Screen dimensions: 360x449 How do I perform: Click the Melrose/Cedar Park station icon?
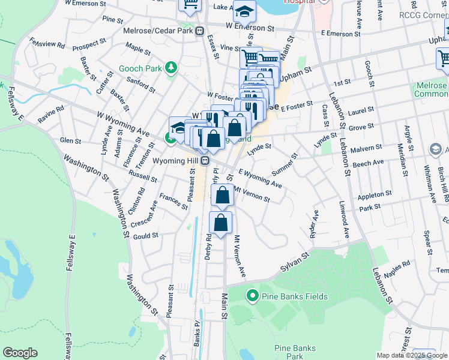click(199, 31)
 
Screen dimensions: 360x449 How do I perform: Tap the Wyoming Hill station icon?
click(205, 161)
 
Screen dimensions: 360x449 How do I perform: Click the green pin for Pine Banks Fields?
click(252, 295)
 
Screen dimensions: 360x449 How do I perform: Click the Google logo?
click(20, 353)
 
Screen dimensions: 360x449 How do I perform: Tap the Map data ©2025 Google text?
click(412, 355)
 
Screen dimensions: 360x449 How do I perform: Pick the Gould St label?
click(146, 236)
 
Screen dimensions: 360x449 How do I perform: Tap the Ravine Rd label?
click(52, 112)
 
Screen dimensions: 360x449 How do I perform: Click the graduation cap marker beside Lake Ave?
click(244, 10)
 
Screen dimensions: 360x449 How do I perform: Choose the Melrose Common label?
click(431, 89)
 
